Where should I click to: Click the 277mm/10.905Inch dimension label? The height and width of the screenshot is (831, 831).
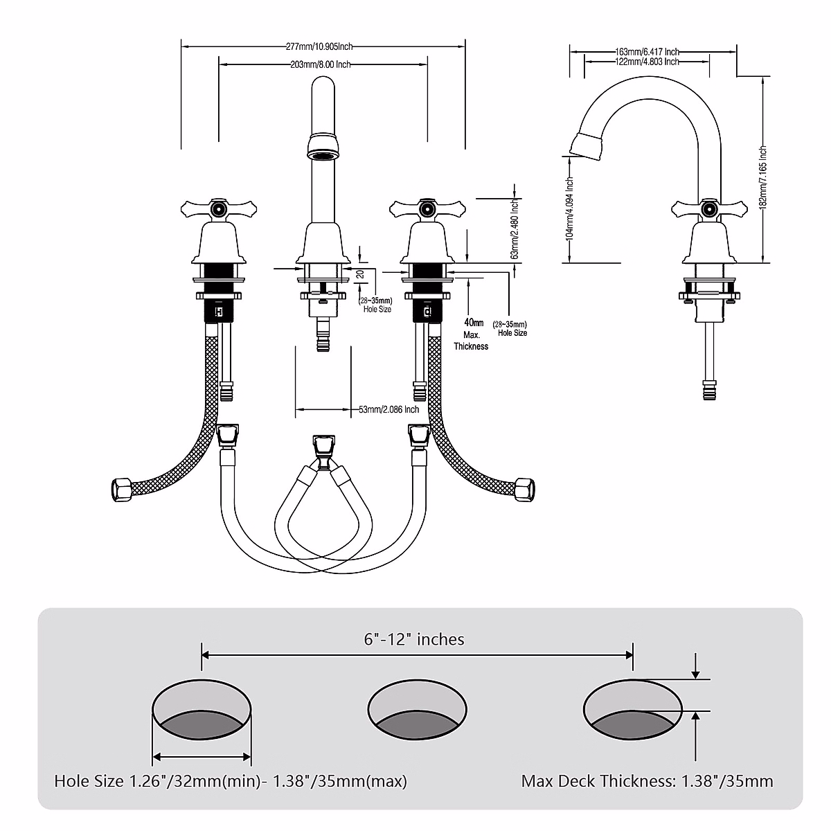pyautogui.click(x=320, y=46)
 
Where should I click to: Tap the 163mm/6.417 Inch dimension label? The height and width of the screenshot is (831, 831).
pyautogui.click(x=647, y=51)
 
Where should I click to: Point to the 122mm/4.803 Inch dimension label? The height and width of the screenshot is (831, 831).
pyautogui.click(x=647, y=62)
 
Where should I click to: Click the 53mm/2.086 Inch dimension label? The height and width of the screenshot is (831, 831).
pyautogui.click(x=388, y=409)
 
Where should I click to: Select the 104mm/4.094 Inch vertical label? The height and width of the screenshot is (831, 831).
pyautogui.click(x=570, y=208)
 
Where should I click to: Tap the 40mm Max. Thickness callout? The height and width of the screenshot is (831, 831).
pyautogui.click(x=471, y=334)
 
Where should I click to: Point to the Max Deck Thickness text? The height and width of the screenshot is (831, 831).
pyautogui.click(x=647, y=781)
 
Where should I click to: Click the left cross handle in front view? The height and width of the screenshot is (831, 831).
pyautogui.click(x=219, y=208)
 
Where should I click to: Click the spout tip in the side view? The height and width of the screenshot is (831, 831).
pyautogui.click(x=585, y=144)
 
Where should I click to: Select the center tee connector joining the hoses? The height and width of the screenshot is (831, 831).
pyautogui.click(x=321, y=449)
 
